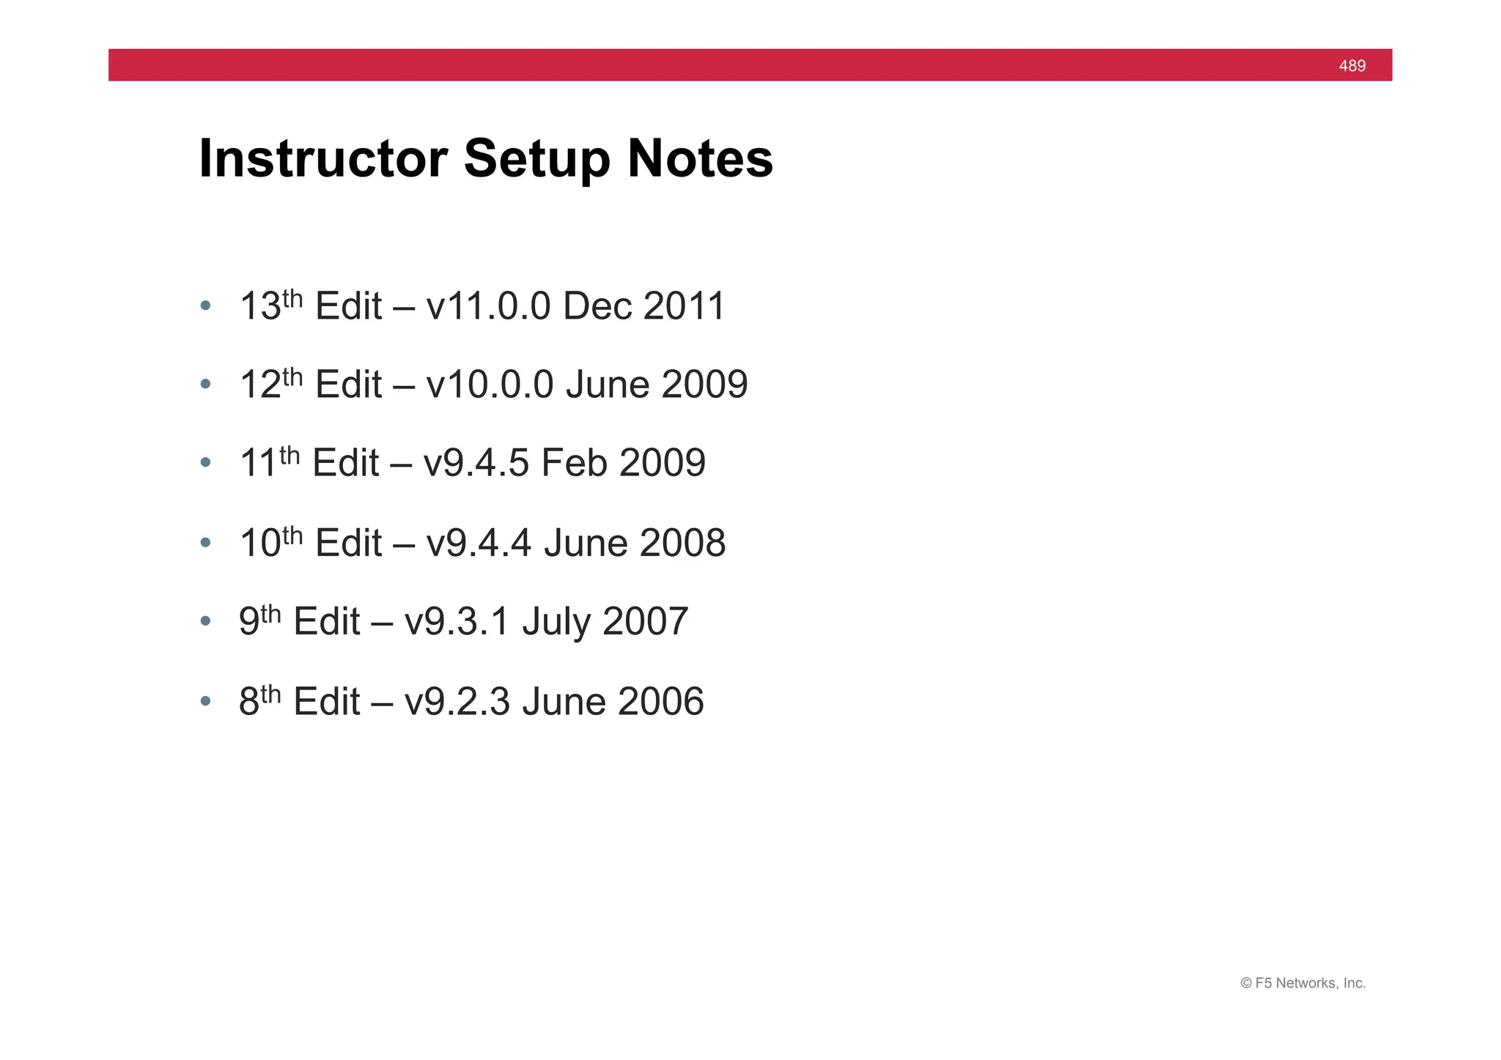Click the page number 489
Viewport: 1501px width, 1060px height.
[1351, 66]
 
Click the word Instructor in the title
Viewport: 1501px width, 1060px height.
[323, 158]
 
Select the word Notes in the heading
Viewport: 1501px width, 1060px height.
[700, 158]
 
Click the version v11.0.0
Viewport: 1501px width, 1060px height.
[487, 306]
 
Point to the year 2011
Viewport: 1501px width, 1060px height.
[684, 306]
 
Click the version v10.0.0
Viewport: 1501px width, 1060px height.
[489, 385]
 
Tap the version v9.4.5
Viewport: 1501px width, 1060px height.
[476, 464]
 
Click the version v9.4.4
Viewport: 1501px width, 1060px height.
[478, 544]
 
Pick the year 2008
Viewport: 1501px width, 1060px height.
[682, 544]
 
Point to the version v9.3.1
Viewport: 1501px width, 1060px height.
[457, 622]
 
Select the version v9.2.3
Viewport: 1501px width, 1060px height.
[457, 702]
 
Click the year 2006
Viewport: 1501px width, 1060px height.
[660, 702]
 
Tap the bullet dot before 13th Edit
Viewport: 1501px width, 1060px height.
[205, 305]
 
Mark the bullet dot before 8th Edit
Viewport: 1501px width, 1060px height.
[205, 701]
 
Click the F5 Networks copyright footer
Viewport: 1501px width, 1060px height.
[1302, 983]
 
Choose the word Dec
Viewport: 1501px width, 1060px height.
[597, 306]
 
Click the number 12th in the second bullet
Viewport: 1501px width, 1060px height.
[270, 384]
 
